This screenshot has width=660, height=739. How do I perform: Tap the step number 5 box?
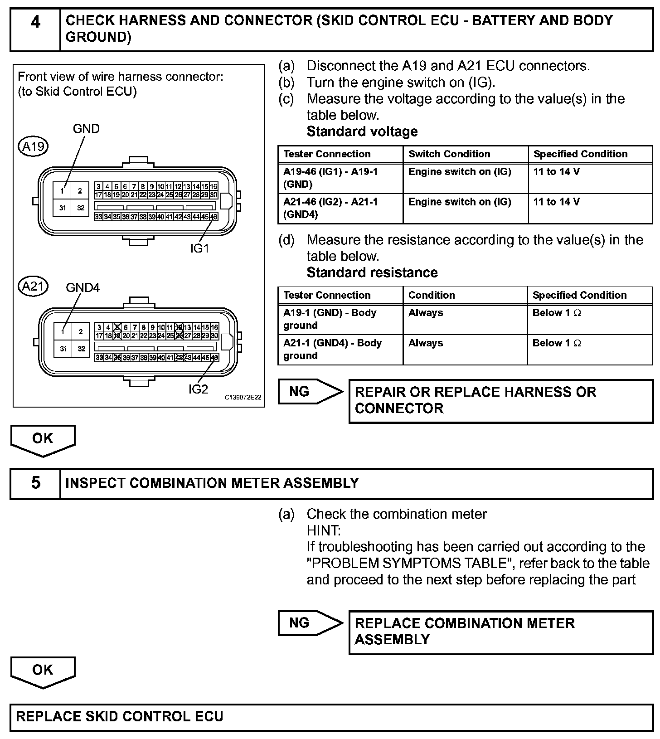(35, 483)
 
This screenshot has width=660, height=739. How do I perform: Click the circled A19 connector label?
(33, 146)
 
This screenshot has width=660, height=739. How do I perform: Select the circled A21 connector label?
(33, 287)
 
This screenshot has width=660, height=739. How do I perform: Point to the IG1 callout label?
(199, 248)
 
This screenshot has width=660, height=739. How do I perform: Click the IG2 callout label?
(199, 389)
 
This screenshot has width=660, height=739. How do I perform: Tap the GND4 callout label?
(82, 287)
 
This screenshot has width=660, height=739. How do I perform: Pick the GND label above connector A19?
(86, 129)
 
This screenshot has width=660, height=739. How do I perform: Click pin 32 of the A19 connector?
(80, 208)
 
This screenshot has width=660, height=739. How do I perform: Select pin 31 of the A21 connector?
(63, 349)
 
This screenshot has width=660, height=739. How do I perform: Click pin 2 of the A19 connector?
(80, 191)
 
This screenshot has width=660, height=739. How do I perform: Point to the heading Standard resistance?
(372, 272)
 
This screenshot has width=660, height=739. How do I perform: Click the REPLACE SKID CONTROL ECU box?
(331, 716)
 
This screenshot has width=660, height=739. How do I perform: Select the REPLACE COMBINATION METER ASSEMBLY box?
(500, 632)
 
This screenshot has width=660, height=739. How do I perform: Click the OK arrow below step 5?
(43, 671)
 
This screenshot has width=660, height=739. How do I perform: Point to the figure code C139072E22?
(243, 398)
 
